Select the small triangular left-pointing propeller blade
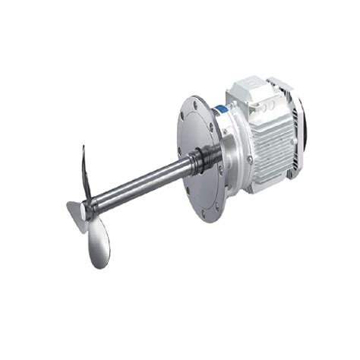(74, 210)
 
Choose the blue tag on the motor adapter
(221, 111)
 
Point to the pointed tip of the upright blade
(81, 147)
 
